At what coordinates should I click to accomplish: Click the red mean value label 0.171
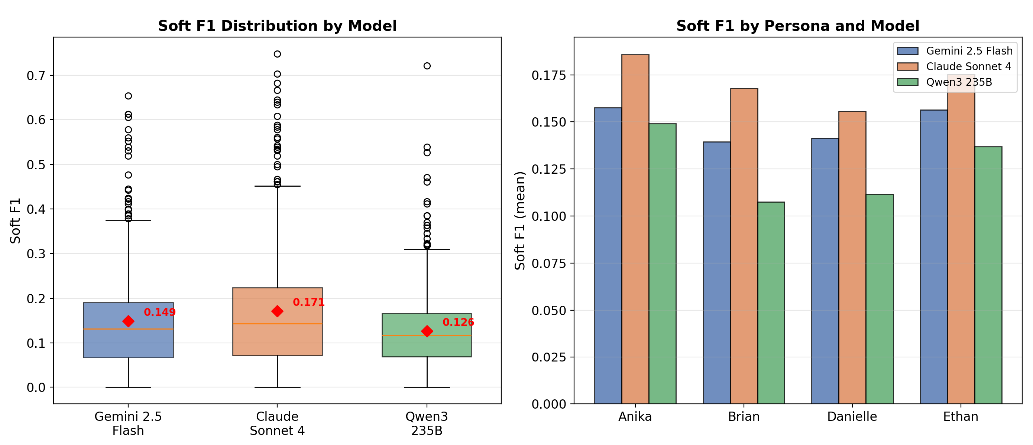click(x=308, y=302)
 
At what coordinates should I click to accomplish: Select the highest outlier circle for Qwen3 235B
click(x=427, y=66)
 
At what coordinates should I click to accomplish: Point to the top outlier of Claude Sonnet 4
click(x=277, y=54)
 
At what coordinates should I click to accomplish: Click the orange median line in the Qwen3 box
click(x=427, y=335)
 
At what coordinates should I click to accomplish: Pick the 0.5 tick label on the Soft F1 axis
click(x=36, y=165)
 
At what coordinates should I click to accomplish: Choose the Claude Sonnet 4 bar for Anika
click(x=635, y=229)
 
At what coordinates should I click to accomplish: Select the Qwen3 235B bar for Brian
click(x=771, y=303)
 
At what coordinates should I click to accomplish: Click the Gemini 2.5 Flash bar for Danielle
click(x=825, y=271)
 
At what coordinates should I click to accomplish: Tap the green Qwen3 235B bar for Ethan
click(x=988, y=275)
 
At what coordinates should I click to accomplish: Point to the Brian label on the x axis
click(x=744, y=416)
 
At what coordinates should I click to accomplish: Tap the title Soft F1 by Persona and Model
click(x=798, y=26)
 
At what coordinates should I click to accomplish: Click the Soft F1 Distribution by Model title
click(x=277, y=26)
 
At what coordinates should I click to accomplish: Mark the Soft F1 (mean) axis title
click(x=520, y=221)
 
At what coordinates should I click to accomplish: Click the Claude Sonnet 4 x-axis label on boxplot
click(x=277, y=423)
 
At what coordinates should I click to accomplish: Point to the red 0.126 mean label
click(x=459, y=322)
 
